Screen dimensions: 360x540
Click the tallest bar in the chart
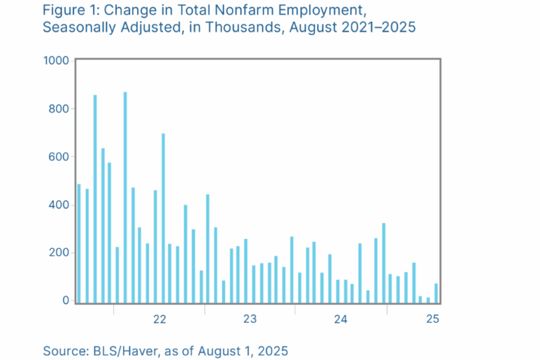tap(125, 197)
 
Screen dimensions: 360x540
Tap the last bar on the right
tap(436, 292)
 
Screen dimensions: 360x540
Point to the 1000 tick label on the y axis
tap(56, 61)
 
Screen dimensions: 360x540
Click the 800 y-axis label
tap(59, 109)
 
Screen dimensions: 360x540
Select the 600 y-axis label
tap(59, 157)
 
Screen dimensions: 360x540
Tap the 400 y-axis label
tap(59, 205)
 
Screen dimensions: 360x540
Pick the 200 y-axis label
tap(59, 253)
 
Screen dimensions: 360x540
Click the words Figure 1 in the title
tap(70, 12)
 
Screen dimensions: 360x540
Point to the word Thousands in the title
tap(257, 29)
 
